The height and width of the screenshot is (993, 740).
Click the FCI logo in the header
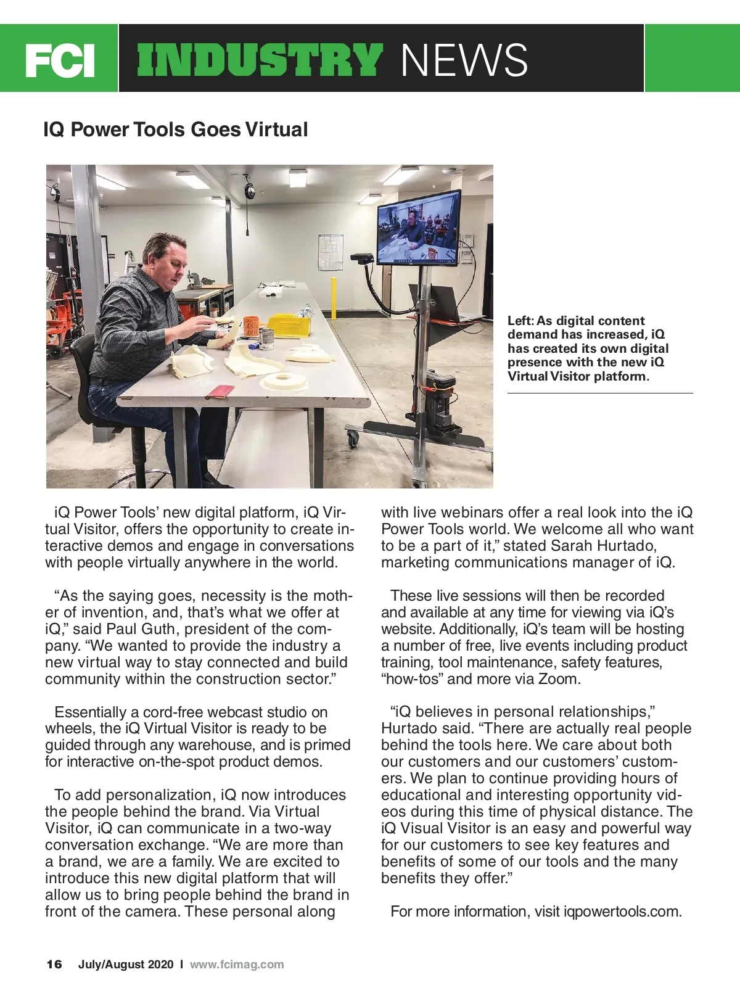pyautogui.click(x=60, y=60)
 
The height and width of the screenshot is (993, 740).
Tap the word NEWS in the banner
pyautogui.click(x=464, y=60)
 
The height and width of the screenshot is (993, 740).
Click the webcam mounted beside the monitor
pyautogui.click(x=362, y=258)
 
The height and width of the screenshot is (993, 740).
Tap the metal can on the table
pyautogui.click(x=268, y=339)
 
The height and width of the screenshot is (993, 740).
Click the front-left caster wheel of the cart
pyautogui.click(x=353, y=439)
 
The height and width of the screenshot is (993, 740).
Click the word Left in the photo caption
pyautogui.click(x=520, y=321)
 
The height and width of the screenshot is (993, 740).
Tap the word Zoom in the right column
pyautogui.click(x=558, y=679)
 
